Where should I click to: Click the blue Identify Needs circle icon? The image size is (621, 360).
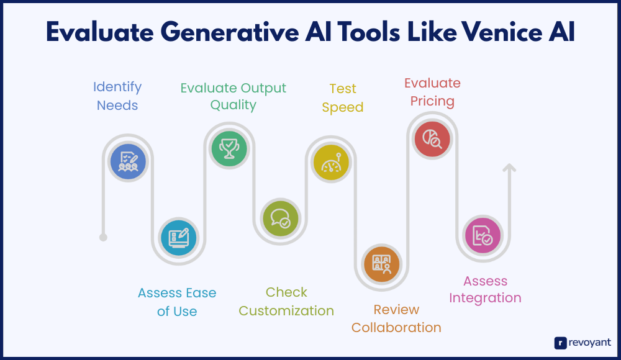click(128, 161)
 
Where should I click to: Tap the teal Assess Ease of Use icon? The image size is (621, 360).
click(179, 238)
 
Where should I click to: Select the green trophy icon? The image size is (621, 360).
click(229, 148)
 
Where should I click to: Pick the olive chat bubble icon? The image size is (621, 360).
click(280, 218)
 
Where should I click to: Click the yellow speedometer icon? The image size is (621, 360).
click(331, 163)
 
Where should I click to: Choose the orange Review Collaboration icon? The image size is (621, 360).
click(381, 264)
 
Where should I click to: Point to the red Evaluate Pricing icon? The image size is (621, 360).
click(432, 139)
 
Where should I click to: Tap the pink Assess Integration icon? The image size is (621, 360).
click(483, 235)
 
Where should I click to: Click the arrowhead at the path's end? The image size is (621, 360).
click(509, 168)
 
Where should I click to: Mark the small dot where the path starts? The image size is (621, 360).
click(103, 237)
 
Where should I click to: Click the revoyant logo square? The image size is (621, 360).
click(560, 343)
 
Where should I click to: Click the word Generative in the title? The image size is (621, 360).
click(230, 32)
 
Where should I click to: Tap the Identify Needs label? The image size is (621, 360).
click(117, 96)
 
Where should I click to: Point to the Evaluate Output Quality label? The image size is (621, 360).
click(233, 96)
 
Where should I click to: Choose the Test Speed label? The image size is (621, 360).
click(343, 98)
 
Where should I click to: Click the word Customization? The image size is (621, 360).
click(286, 310)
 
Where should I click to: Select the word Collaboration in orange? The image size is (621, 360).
click(396, 328)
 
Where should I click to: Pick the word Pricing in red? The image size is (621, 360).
click(432, 101)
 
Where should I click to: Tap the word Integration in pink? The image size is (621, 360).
click(485, 298)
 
